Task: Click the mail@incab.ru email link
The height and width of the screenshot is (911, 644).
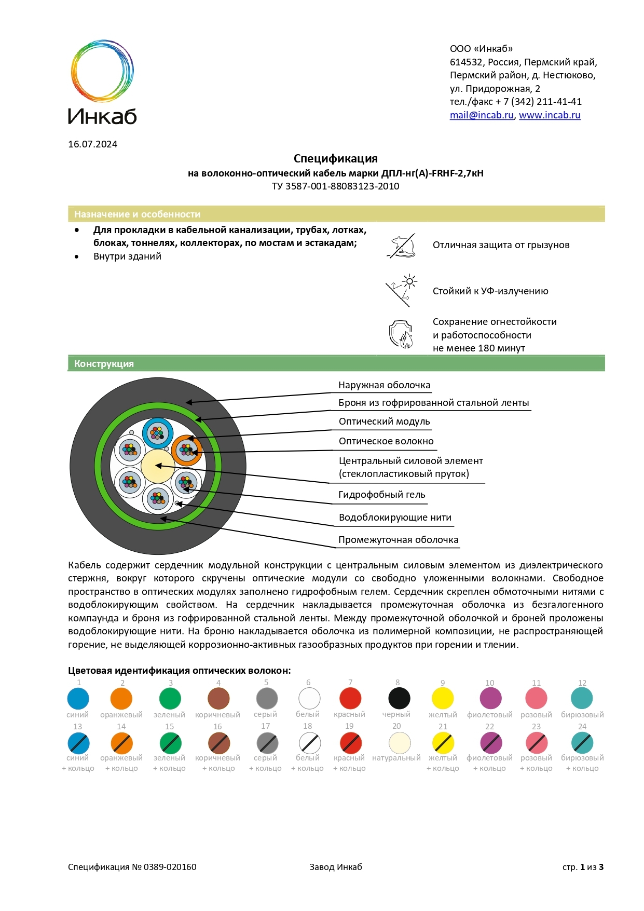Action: [x=481, y=115]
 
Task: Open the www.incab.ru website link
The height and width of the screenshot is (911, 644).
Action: [x=550, y=115]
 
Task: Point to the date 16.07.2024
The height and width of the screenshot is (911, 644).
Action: [x=92, y=144]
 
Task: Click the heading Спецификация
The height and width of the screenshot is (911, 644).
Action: [x=335, y=158]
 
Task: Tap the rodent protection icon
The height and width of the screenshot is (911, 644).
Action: [x=402, y=246]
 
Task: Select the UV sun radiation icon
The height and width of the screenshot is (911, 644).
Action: [x=402, y=291]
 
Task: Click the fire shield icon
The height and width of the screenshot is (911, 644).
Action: [x=401, y=335]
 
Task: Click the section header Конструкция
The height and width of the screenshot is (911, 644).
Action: [x=104, y=364]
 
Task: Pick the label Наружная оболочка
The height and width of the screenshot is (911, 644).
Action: [x=384, y=385]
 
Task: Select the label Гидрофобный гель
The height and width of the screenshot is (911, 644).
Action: [x=381, y=495]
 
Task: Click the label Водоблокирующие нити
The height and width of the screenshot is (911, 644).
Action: [x=395, y=518]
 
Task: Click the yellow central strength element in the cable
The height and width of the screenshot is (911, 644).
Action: [x=158, y=466]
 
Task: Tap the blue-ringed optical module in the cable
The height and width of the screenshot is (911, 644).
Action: [x=158, y=432]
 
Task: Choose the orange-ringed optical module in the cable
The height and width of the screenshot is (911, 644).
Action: [x=186, y=450]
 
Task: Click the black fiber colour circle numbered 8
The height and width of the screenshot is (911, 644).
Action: [x=399, y=699]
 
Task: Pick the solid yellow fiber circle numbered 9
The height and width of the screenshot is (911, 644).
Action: [x=443, y=699]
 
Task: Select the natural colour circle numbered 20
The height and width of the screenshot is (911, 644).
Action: [x=400, y=743]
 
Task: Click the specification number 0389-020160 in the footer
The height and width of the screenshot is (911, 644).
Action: [x=170, y=867]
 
